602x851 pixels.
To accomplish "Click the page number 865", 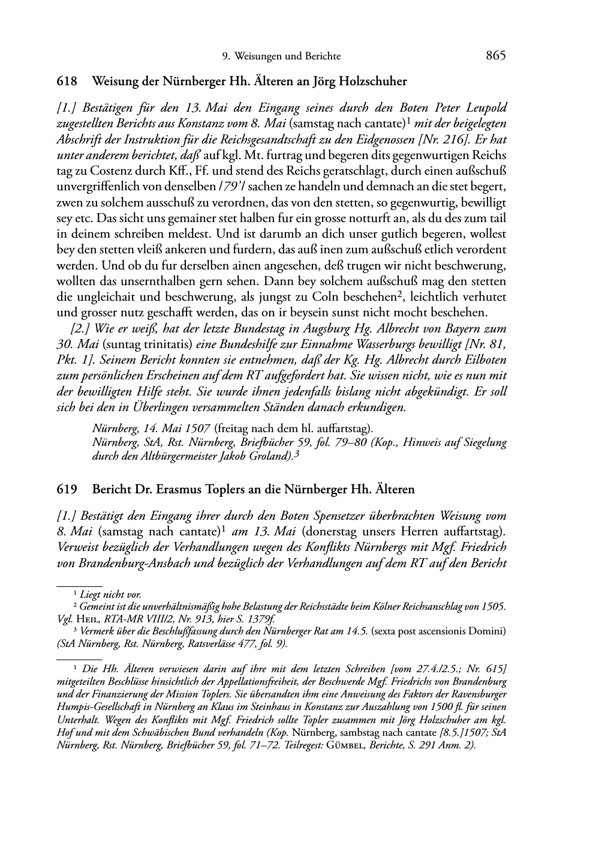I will tap(496, 56).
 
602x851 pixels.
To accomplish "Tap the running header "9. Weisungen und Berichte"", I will tap(281, 56).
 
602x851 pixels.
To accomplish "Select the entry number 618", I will tap(67, 81).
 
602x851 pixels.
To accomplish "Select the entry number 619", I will tap(67, 489).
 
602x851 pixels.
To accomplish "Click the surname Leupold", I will tap(484, 108).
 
